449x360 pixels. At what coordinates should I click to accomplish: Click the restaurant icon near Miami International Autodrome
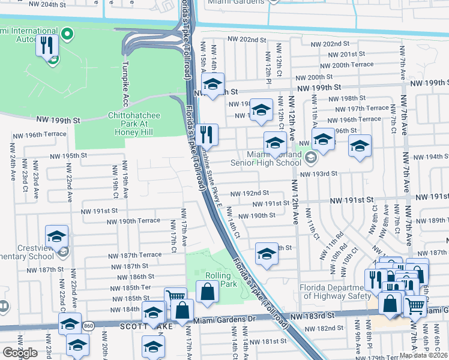click(47, 45)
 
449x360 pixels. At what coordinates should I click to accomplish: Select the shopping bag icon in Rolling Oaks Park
click(207, 292)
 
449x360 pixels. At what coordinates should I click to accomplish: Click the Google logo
click(20, 353)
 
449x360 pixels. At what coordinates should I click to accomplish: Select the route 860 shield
click(89, 325)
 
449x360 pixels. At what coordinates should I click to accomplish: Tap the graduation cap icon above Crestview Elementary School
click(56, 236)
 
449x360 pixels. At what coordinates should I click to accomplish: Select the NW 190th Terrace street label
click(139, 221)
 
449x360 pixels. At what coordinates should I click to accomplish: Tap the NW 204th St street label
click(63, 4)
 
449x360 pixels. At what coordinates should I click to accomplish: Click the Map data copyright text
click(423, 355)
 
